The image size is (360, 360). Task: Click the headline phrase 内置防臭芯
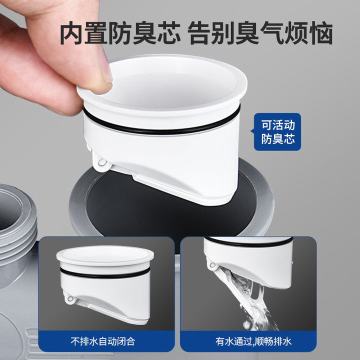click(x=120, y=33)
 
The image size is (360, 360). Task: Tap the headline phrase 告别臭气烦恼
click(x=260, y=33)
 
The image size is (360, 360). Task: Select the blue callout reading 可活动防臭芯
click(x=277, y=132)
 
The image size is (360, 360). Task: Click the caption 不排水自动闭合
click(x=102, y=341)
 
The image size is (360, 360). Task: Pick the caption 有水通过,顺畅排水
click(x=253, y=341)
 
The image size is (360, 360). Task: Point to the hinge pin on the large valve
click(x=101, y=162)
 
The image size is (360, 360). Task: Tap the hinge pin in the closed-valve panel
click(x=70, y=298)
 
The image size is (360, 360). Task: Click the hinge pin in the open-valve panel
click(x=212, y=265)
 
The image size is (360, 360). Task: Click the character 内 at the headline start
click(x=71, y=33)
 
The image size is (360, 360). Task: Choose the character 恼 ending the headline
click(x=321, y=33)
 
